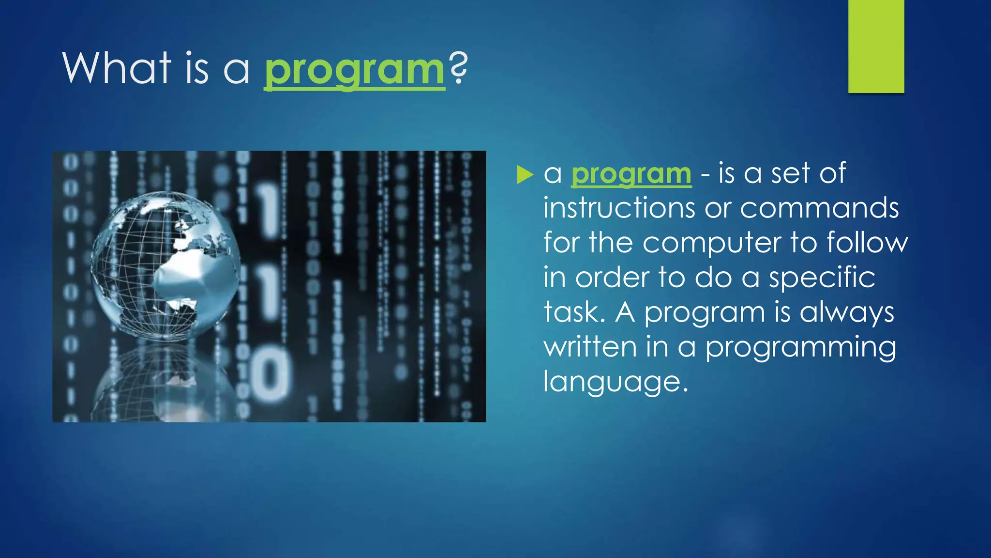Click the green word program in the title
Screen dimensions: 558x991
point(354,70)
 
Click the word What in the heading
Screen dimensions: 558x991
point(117,68)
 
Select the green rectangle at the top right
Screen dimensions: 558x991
point(876,46)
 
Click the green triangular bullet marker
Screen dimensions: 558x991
point(525,174)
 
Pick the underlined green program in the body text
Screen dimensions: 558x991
point(631,174)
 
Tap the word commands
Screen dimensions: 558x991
point(819,208)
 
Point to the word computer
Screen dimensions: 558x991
point(711,243)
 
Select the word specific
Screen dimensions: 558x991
point(822,278)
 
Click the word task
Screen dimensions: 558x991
point(574,312)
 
